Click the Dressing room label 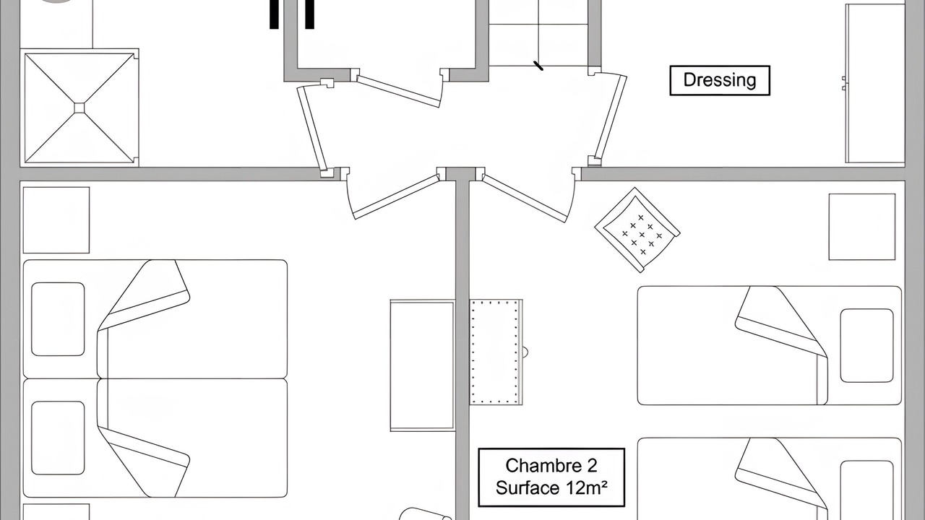click(x=720, y=80)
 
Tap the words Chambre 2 click(x=551, y=466)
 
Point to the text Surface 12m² click(x=551, y=487)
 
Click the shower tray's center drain click(x=79, y=108)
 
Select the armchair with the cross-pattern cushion click(x=637, y=230)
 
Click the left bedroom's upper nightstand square click(x=56, y=220)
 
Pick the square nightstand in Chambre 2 click(x=862, y=227)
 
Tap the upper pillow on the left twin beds click(x=58, y=319)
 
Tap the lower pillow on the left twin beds click(x=58, y=438)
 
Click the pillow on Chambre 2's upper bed click(x=866, y=346)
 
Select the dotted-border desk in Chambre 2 click(x=496, y=352)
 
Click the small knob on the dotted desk click(x=525, y=352)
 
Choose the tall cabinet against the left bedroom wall click(x=423, y=365)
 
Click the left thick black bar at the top click(x=274, y=14)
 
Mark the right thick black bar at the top click(x=310, y=14)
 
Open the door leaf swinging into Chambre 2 click(x=525, y=198)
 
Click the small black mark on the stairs click(x=538, y=66)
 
